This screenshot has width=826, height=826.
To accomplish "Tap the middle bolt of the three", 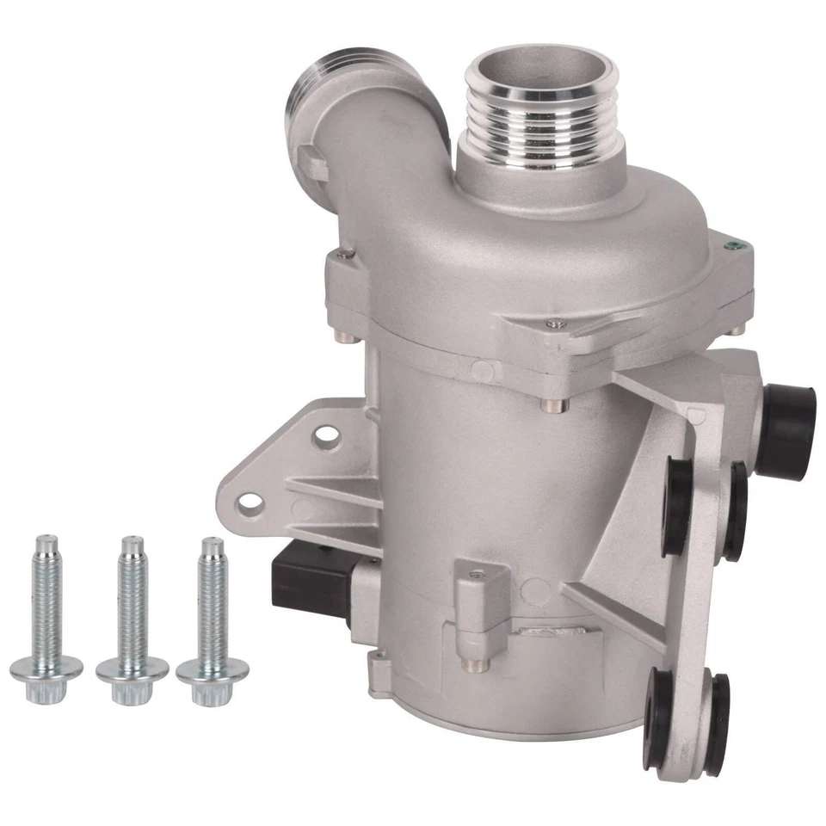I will point(132,611).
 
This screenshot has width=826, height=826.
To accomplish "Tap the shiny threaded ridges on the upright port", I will point(540,120).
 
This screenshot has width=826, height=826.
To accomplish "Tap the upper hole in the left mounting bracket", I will point(324,435).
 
